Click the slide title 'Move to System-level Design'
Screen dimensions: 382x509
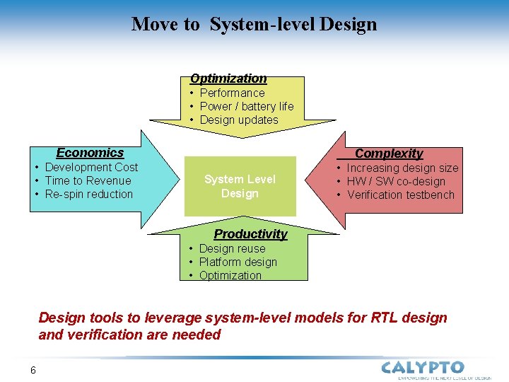[x=254, y=24]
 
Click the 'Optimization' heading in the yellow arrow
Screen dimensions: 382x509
[x=228, y=79]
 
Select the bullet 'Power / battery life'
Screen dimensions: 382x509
[x=246, y=106]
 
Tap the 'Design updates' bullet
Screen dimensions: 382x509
[x=239, y=120]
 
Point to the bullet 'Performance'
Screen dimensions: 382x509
[x=232, y=93]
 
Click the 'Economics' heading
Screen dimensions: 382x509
[x=90, y=153]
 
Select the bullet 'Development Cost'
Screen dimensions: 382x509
[x=91, y=167]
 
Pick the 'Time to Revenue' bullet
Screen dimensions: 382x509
[x=88, y=180]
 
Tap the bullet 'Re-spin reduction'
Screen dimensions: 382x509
[x=88, y=194]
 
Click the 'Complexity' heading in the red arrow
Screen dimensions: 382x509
[x=389, y=154]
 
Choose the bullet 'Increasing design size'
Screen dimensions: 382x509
[x=402, y=168]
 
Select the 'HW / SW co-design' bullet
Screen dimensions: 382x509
[x=395, y=181]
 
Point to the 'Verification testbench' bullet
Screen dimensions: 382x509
[x=400, y=195]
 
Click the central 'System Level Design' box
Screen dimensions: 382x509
[x=240, y=186]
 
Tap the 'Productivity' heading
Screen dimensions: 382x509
[x=250, y=234]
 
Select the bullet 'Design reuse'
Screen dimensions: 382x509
[x=232, y=248]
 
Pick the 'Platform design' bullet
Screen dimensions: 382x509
[x=238, y=262]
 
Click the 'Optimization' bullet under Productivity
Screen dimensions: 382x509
[x=230, y=275]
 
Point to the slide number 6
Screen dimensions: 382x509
[x=33, y=370]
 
